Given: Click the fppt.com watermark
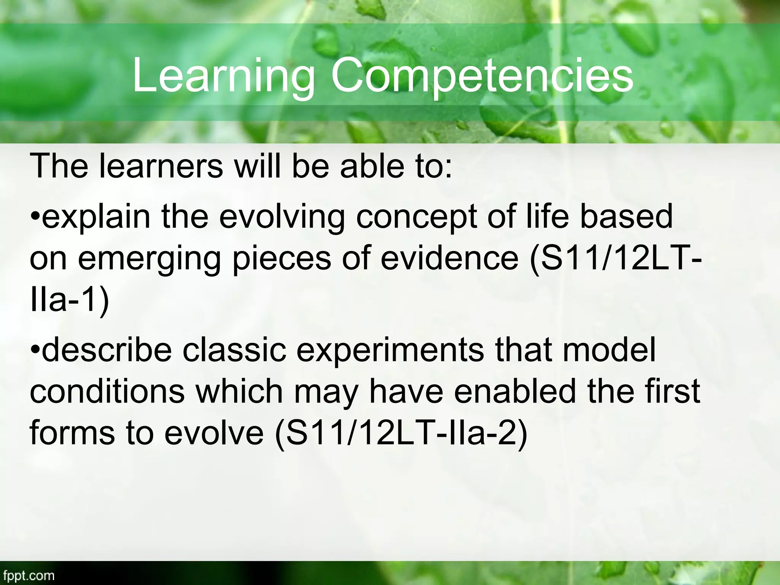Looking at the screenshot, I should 27,575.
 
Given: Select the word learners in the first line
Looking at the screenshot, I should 161,166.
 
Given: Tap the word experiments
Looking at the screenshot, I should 391,350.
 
